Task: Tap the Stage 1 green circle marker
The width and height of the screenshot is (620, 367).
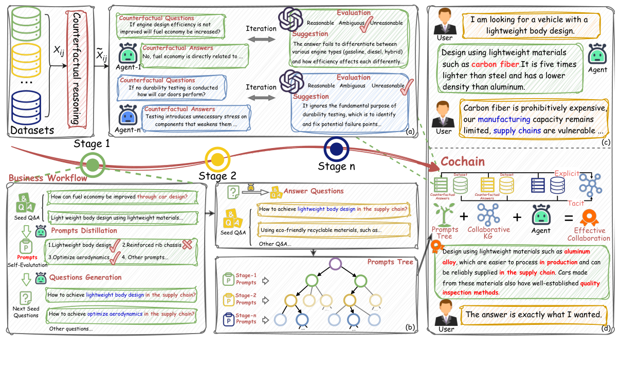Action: tap(92, 164)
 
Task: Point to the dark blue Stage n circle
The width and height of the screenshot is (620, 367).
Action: tap(336, 149)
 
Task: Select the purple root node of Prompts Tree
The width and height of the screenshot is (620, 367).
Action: tap(335, 265)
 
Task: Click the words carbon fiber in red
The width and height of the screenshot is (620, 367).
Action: tap(490, 65)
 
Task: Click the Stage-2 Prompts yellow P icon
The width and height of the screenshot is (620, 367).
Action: tap(228, 300)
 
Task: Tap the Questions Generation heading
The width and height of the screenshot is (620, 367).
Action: tap(85, 278)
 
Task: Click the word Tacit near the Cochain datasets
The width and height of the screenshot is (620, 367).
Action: tap(576, 204)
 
